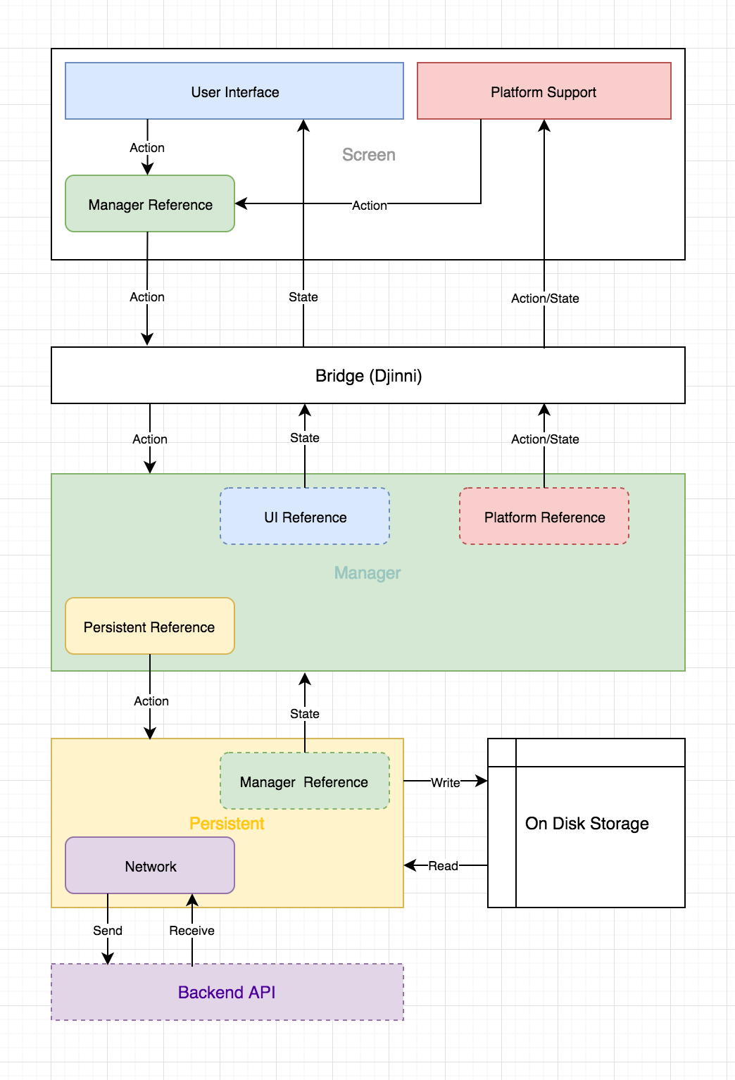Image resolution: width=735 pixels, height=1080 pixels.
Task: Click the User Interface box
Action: pyautogui.click(x=234, y=92)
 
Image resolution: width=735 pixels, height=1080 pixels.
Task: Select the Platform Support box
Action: pyautogui.click(x=544, y=92)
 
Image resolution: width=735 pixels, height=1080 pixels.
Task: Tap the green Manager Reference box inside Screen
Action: pyautogui.click(x=150, y=204)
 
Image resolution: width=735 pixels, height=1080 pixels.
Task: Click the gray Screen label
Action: pyautogui.click(x=368, y=155)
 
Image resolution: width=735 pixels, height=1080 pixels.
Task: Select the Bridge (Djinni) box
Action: pyautogui.click(x=368, y=375)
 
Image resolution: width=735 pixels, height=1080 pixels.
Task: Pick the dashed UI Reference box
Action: pyautogui.click(x=305, y=517)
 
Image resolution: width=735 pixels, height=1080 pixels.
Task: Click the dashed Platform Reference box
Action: pyautogui.click(x=544, y=517)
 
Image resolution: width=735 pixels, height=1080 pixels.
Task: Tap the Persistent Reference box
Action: pyautogui.click(x=149, y=627)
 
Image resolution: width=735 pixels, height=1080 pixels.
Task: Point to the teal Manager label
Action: pyautogui.click(x=367, y=572)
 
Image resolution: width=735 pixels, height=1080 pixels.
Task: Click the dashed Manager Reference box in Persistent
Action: pyautogui.click(x=304, y=781)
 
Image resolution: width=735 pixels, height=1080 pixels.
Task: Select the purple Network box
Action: pyautogui.click(x=150, y=866)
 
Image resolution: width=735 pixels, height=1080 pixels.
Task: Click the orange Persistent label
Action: pyautogui.click(x=227, y=823)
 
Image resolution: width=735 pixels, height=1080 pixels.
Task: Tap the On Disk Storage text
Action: pyautogui.click(x=586, y=823)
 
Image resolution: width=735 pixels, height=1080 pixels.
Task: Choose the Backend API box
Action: pyautogui.click(x=227, y=992)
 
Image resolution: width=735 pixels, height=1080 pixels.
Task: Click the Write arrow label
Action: pyautogui.click(x=445, y=782)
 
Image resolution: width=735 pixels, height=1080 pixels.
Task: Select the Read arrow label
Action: pyautogui.click(x=443, y=865)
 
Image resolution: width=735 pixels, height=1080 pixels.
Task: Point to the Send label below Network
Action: pyautogui.click(x=108, y=930)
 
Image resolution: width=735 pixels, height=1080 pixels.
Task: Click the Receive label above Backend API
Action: pyautogui.click(x=191, y=930)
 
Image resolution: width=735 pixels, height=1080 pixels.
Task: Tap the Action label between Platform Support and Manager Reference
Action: pyautogui.click(x=369, y=205)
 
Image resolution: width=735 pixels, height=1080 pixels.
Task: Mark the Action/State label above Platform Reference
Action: pyautogui.click(x=545, y=439)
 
